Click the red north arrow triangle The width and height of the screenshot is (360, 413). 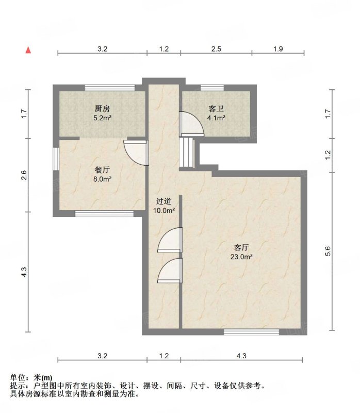28,50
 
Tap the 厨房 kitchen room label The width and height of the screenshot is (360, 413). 102,108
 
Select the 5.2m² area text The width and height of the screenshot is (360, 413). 102,118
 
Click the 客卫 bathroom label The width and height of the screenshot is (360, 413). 216,108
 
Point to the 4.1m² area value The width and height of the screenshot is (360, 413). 216,118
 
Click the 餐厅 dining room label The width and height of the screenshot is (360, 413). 102,170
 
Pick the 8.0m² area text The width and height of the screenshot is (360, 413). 102,179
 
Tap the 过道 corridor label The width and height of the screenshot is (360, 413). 163,201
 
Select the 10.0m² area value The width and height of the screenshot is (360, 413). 164,211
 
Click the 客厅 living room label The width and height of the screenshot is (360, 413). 241,248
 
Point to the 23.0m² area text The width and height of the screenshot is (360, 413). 241,257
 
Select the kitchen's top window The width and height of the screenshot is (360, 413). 110,88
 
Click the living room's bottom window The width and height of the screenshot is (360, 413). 251,332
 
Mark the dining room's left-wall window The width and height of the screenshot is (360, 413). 56,159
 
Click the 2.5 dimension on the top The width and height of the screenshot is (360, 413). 216,49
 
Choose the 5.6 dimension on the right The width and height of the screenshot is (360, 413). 328,251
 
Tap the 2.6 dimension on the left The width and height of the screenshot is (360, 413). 24,175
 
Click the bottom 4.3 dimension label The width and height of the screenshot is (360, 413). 241,356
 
